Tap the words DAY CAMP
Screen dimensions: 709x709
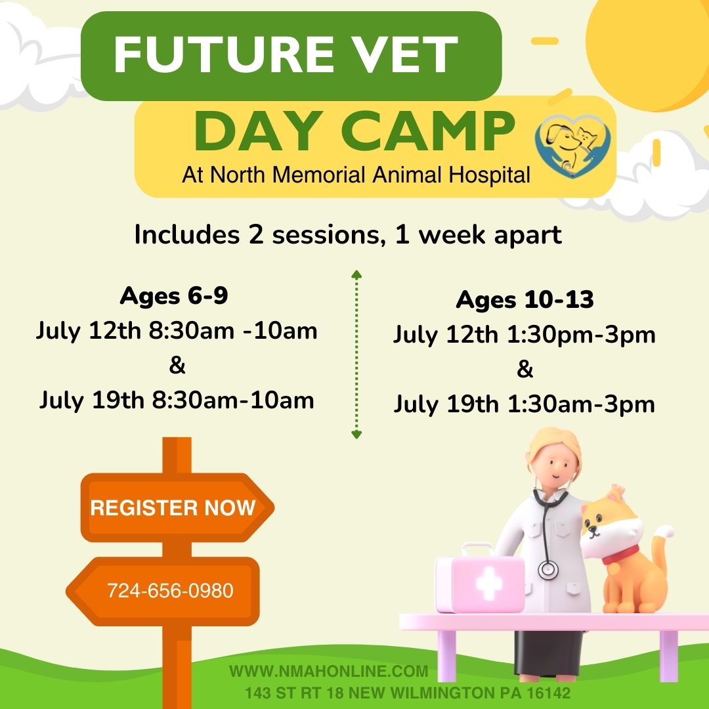[x=354, y=131]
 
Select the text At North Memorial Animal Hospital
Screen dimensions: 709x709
[x=356, y=175]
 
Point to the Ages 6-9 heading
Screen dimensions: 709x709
[x=174, y=295]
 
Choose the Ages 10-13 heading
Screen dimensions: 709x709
[x=525, y=299]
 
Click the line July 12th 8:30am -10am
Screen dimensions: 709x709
[x=177, y=332]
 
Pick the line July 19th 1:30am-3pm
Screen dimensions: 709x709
[x=525, y=404]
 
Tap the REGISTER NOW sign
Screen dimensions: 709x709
[x=177, y=507]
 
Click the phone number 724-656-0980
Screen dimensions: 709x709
[x=170, y=591]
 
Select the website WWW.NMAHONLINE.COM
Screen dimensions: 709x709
[x=329, y=671]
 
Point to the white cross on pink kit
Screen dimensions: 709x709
[x=488, y=584]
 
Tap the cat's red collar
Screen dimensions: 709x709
[x=620, y=554]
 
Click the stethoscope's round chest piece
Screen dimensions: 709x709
[x=548, y=570]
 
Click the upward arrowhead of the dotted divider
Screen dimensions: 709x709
[x=356, y=274]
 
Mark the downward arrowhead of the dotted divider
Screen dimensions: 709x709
[x=356, y=435]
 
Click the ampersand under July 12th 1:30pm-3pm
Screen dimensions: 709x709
[x=525, y=369]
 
